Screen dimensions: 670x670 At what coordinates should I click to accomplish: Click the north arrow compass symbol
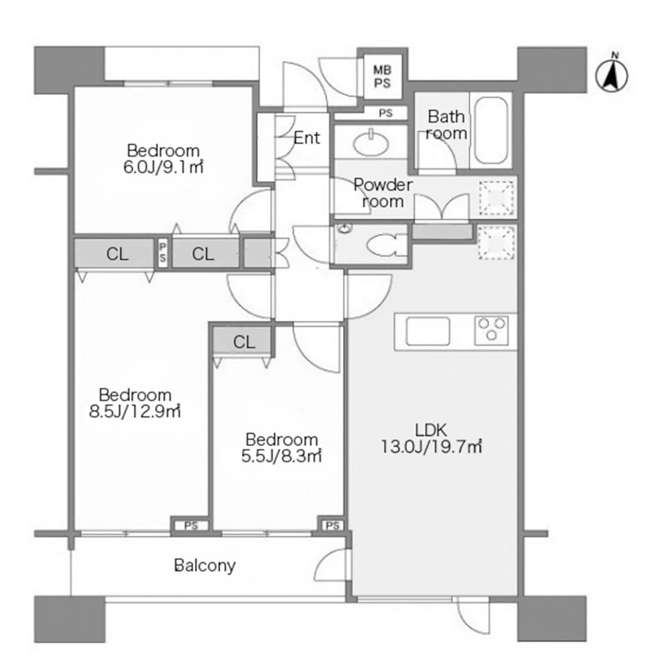coord(611,76)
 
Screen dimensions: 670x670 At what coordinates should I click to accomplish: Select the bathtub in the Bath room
coord(490,131)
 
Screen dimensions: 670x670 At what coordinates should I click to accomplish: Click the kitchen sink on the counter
coord(427,331)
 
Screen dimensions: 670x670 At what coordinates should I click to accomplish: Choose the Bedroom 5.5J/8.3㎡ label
coord(281,448)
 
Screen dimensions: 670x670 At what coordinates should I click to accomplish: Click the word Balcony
coord(205,565)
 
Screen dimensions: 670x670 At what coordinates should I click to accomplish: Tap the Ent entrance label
coord(307,138)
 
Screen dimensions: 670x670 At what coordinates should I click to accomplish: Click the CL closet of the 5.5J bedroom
coord(245,342)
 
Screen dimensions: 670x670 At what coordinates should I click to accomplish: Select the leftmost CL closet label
coord(117,254)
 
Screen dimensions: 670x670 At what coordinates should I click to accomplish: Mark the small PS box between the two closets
coord(163,254)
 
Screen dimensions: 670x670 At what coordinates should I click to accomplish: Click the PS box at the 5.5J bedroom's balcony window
coord(332,526)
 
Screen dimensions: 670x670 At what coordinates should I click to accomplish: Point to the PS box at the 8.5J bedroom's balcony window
coord(191,526)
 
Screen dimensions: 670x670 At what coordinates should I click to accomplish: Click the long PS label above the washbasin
coord(385,113)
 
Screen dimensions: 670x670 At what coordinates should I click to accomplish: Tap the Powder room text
coord(383,192)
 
